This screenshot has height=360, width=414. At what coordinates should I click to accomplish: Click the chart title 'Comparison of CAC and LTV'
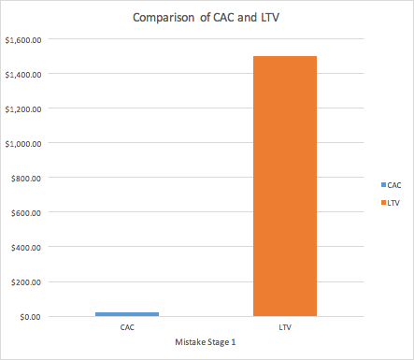coord(207,17)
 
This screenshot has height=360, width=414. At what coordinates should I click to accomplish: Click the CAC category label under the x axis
coord(126,328)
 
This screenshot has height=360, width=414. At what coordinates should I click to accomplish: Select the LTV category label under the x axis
coord(285,328)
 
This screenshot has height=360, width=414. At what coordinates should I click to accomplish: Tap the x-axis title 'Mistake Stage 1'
coord(206,342)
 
